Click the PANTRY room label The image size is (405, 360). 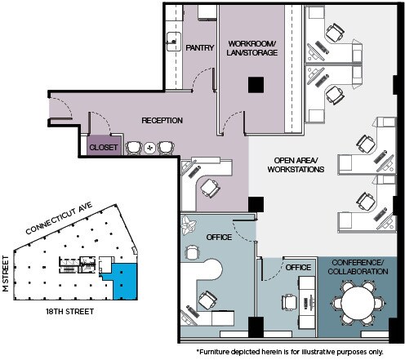point(200,47)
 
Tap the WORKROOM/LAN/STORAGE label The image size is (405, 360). point(252,47)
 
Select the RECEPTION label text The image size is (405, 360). point(162,121)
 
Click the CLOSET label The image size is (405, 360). point(104,148)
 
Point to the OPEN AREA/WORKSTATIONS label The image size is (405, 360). point(296,164)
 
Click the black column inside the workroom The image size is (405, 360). point(256,84)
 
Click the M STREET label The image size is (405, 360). point(7,273)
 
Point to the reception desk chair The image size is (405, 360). point(211,187)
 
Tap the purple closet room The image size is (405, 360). point(104,144)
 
